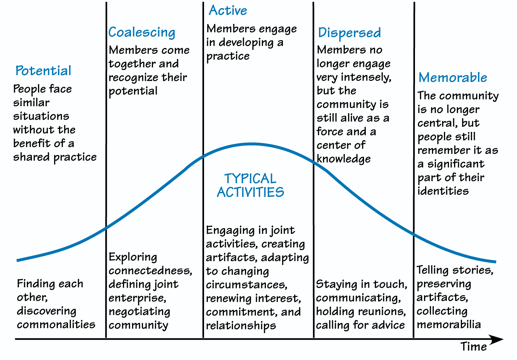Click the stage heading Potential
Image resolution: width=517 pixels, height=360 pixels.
point(43,71)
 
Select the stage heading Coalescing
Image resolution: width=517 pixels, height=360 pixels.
point(141,33)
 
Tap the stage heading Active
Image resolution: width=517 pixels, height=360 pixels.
point(228,10)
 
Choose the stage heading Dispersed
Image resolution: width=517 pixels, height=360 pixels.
point(349,33)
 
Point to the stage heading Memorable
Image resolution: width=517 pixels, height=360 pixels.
point(453,78)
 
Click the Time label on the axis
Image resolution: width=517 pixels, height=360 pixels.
point(474,347)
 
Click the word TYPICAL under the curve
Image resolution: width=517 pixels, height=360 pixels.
point(250,179)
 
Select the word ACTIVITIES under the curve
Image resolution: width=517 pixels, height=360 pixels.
point(250,192)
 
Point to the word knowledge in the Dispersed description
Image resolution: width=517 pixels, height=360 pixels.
point(343,159)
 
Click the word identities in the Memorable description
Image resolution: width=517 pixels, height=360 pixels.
point(443,191)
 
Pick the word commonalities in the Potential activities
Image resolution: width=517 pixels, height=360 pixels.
point(56,324)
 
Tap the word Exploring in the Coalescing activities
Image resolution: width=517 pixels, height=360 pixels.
point(133,257)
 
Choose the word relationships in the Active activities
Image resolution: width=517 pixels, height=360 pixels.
point(241,326)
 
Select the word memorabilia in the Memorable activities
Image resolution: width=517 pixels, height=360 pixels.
point(449,325)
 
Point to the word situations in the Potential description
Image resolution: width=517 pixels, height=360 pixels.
point(41,116)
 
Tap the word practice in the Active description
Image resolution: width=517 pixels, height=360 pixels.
point(228,56)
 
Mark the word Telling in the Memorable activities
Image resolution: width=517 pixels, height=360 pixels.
point(432,270)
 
